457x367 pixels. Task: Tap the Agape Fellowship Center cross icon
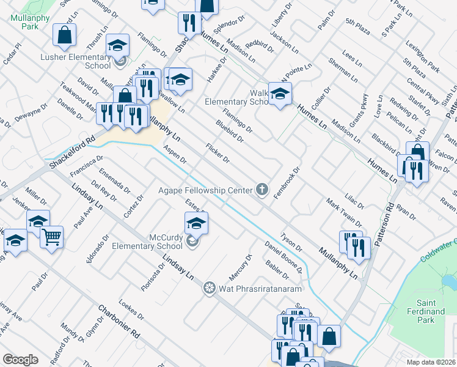click(x=263, y=190)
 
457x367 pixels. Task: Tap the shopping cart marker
click(x=52, y=236)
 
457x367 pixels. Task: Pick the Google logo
click(x=20, y=359)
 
